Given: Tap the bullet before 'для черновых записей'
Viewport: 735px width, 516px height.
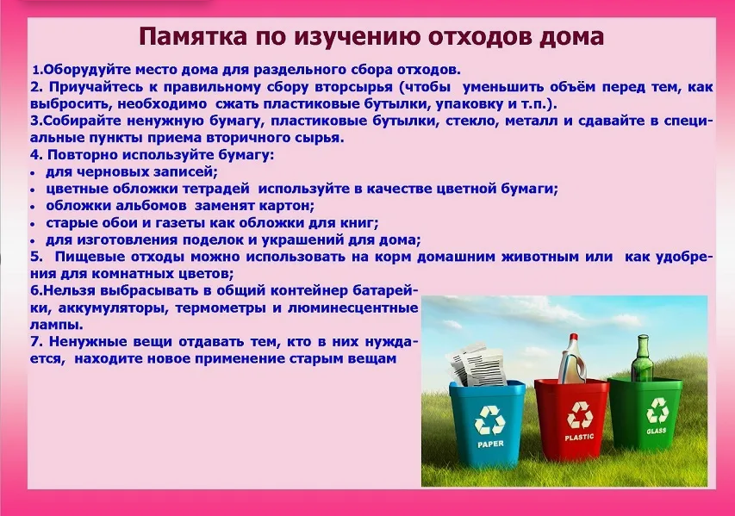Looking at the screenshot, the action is point(33,173).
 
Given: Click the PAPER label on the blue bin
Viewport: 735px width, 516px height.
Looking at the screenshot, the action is point(490,444).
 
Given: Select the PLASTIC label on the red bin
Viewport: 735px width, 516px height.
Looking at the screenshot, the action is point(579,438).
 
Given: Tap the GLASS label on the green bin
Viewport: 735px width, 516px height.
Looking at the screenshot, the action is point(657,430).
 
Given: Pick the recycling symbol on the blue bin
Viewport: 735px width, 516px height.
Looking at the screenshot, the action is point(489,420).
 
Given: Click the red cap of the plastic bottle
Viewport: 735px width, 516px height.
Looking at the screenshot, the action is point(573,337).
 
